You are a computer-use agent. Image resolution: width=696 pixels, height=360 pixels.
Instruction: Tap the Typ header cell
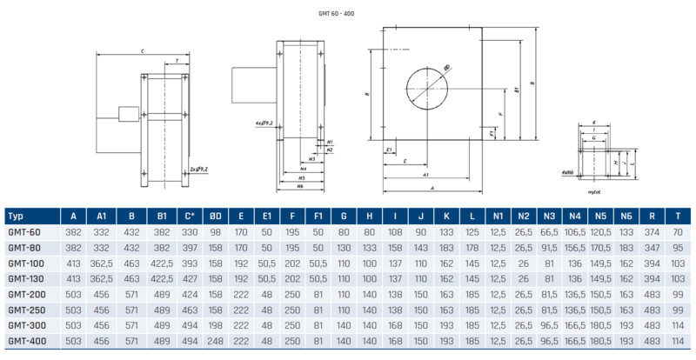[x=16, y=217]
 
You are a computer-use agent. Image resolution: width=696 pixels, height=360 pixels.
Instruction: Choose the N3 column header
[x=549, y=217]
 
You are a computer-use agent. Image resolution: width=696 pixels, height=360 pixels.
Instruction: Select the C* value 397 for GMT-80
[x=190, y=247]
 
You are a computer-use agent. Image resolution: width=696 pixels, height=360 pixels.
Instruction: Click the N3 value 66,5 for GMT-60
[x=549, y=232]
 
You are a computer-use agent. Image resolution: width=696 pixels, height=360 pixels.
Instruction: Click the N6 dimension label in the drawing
[x=300, y=186]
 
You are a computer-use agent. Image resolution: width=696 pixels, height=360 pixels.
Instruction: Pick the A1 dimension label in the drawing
[x=426, y=175]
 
